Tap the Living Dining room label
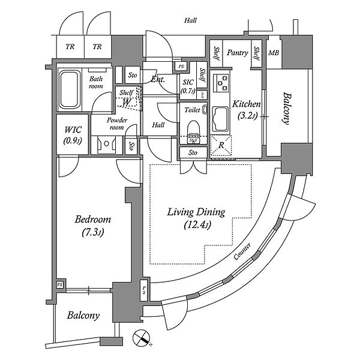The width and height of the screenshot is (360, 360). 196,218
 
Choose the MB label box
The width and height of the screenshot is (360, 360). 273,53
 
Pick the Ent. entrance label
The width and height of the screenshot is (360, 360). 158,79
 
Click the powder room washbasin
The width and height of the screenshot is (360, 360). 107,145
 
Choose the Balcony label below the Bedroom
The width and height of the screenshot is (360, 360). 83,316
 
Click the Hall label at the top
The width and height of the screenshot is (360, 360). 191,20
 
